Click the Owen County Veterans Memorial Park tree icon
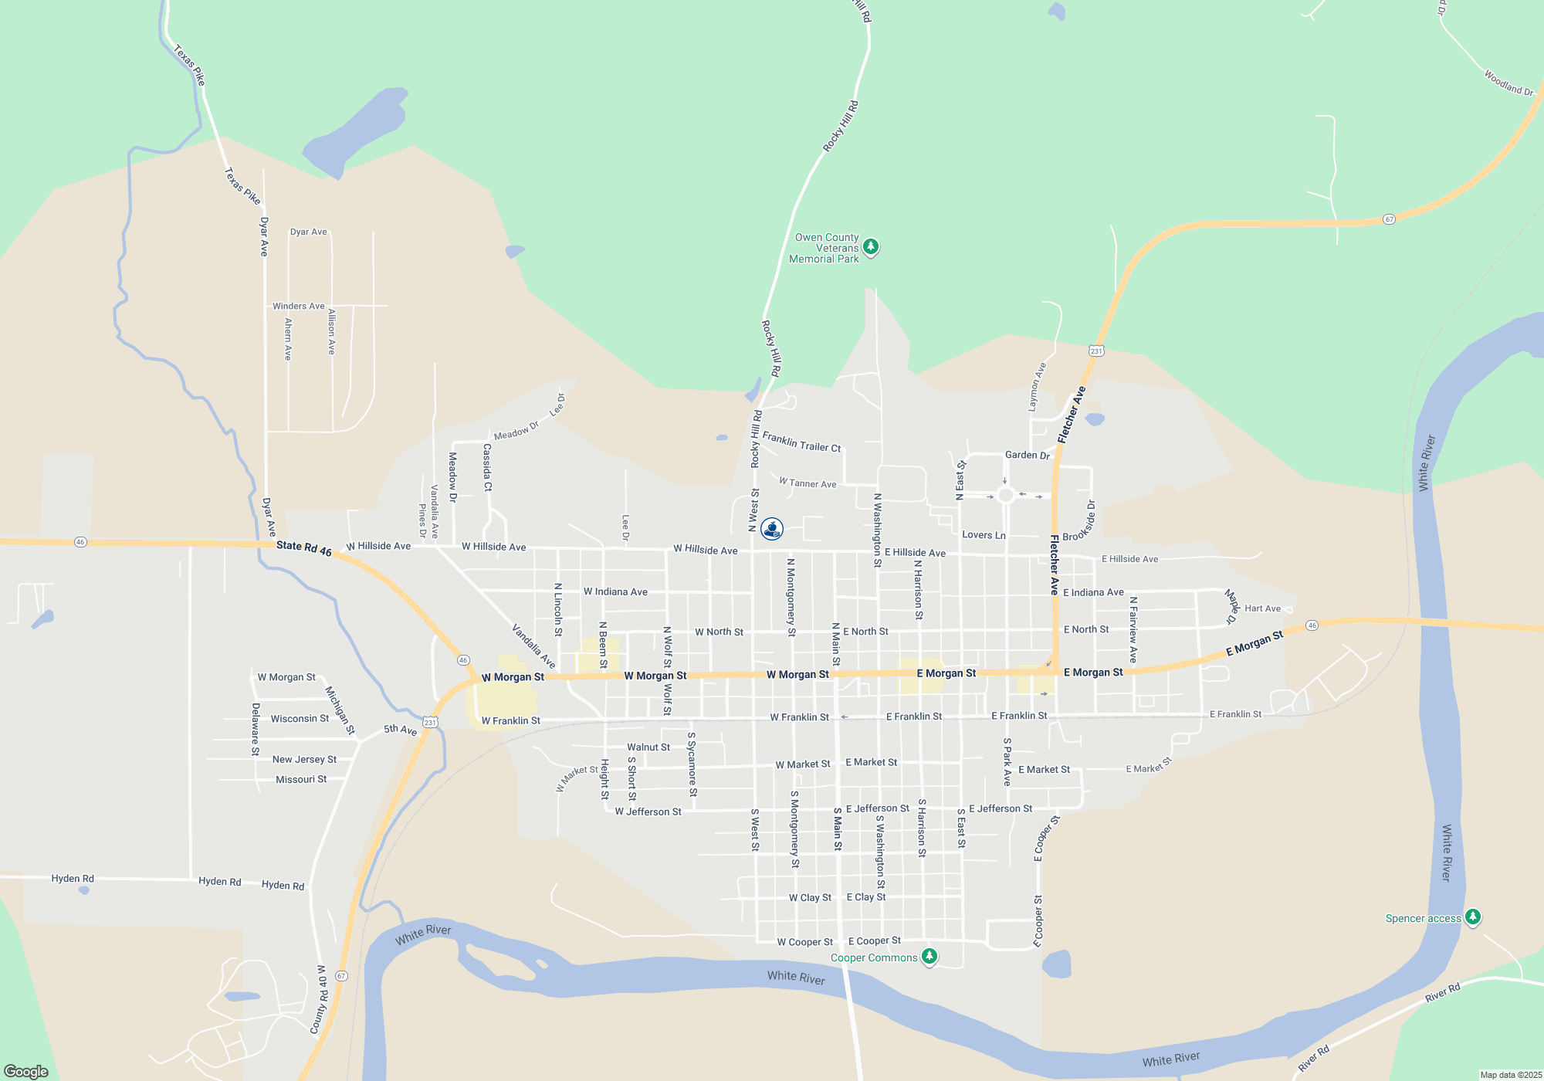[x=871, y=247]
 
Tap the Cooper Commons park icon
[x=929, y=957]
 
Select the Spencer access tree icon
[x=1473, y=917]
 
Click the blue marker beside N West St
[x=772, y=529]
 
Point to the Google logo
[x=26, y=1072]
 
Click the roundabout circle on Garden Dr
[x=1005, y=495]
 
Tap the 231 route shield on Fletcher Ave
[x=1096, y=351]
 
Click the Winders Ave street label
[x=299, y=307]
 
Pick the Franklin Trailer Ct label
[x=801, y=442]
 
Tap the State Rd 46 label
[x=304, y=548]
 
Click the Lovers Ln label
[x=984, y=535]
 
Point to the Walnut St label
[x=648, y=747]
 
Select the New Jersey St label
[x=304, y=760]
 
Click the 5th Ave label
[x=401, y=730]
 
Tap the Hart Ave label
[x=1262, y=608]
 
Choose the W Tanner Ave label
[x=808, y=483]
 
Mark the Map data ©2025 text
[x=1511, y=1075]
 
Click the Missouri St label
[x=301, y=780]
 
